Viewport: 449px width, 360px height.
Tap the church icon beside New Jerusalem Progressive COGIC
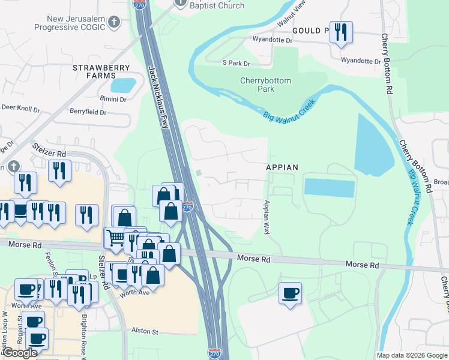(x=115, y=23)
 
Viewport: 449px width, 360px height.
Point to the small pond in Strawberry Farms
(x=122, y=85)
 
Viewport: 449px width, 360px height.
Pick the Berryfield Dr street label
(x=88, y=112)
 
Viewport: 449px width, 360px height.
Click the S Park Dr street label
(x=236, y=63)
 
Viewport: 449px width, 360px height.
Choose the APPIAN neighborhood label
(x=282, y=167)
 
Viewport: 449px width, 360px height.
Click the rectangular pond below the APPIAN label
(x=329, y=187)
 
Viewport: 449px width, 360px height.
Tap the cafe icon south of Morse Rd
(x=291, y=293)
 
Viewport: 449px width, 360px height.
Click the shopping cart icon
(x=115, y=238)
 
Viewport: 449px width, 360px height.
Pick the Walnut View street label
(x=292, y=12)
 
